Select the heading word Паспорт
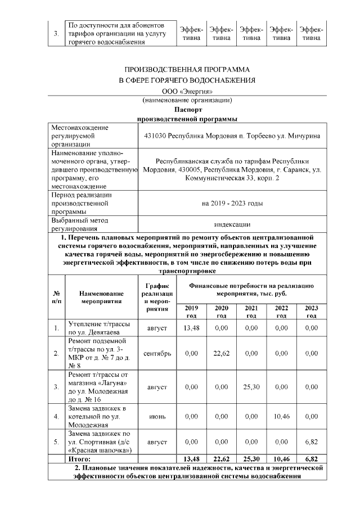187,110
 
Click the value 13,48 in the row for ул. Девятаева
191,327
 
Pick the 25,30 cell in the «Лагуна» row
251,387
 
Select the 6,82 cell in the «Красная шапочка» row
311,443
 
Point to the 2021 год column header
251,312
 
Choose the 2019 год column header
191,312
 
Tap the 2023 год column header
311,312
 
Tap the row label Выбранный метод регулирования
79,224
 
